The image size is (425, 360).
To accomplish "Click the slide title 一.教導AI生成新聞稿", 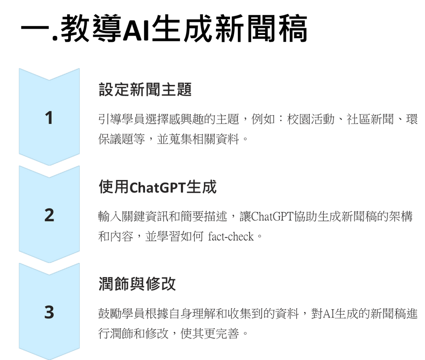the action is pos(164,29).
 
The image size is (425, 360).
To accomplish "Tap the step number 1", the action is pos(49,118).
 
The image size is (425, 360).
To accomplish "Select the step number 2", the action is pos(49,215).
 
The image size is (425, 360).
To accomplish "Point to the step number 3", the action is pos(49,312).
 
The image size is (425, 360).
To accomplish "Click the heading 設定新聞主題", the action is pos(145,90).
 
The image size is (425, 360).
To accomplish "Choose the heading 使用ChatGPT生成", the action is pos(158,187).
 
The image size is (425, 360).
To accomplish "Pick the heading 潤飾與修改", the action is pos(137,284).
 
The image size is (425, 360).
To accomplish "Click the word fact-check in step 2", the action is pos(230,237).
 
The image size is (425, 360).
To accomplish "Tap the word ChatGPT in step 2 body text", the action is pos(272,217).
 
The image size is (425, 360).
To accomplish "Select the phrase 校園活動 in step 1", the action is pos(311,119).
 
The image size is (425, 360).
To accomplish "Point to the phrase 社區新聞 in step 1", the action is pos(370,119).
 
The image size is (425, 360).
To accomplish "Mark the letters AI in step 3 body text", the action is pos(328,314).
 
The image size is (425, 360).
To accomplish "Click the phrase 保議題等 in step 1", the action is pos(121,139).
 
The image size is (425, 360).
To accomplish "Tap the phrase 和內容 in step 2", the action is pos(116,236).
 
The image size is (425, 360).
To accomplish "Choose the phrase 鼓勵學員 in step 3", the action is pos(121,314).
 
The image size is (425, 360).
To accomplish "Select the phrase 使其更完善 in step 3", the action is pos(209,333).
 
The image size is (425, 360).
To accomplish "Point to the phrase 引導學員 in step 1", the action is pos(121,119).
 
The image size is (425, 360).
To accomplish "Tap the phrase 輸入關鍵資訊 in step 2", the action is pos(133,217).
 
